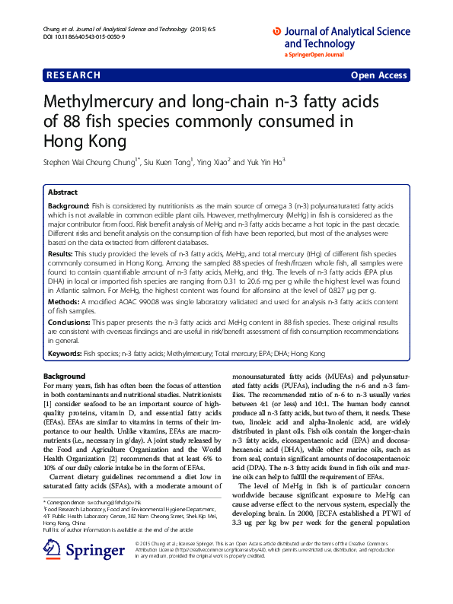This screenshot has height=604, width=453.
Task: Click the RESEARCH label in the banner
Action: (x=74, y=75)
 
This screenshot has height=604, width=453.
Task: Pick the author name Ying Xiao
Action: (x=213, y=162)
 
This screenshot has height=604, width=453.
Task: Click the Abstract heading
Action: (x=62, y=192)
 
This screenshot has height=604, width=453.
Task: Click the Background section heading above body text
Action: (x=64, y=377)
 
